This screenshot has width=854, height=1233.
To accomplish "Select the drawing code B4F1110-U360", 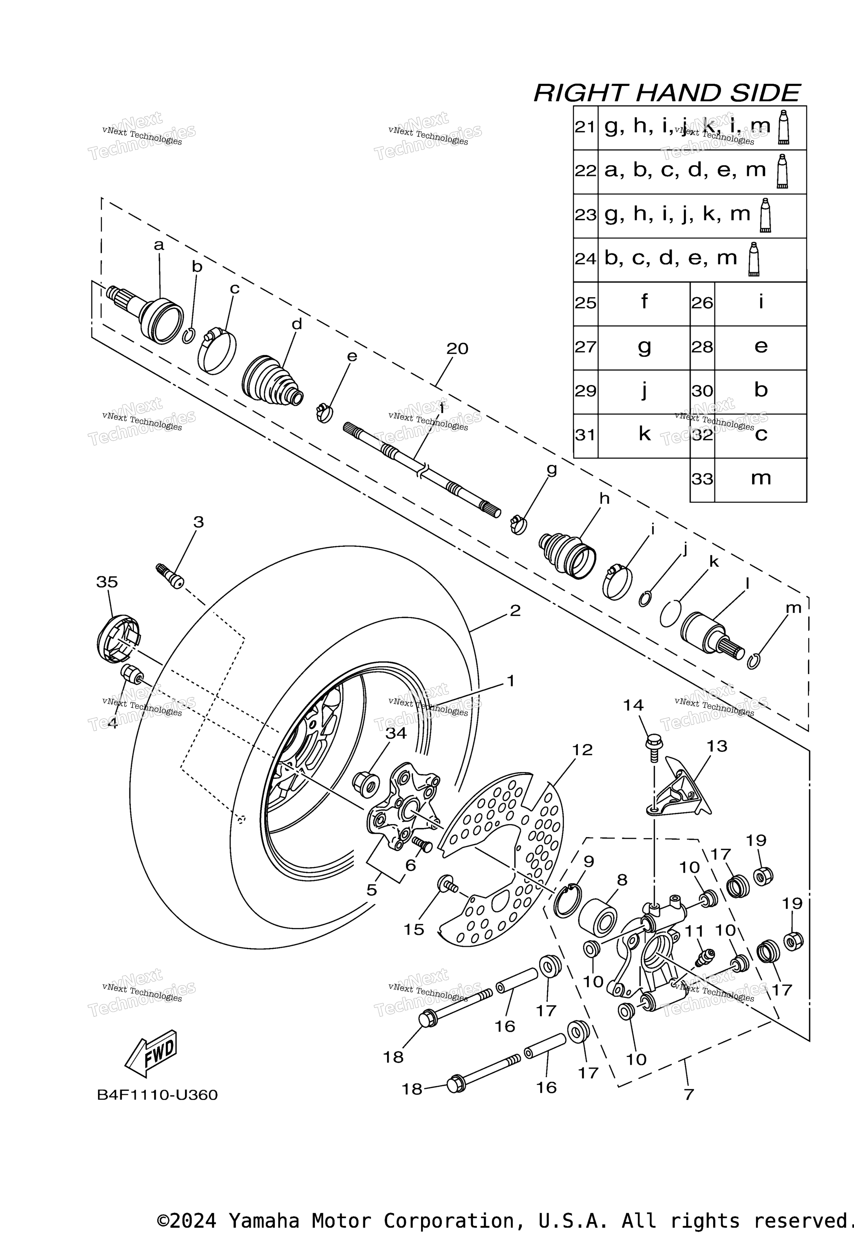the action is [157, 1095].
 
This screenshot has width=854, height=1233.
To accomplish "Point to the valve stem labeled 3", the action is [170, 575].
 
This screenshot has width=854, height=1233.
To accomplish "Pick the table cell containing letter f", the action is [644, 303].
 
